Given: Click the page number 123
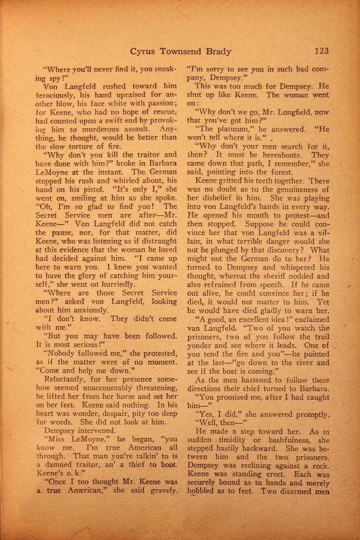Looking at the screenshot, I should click(321, 51).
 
